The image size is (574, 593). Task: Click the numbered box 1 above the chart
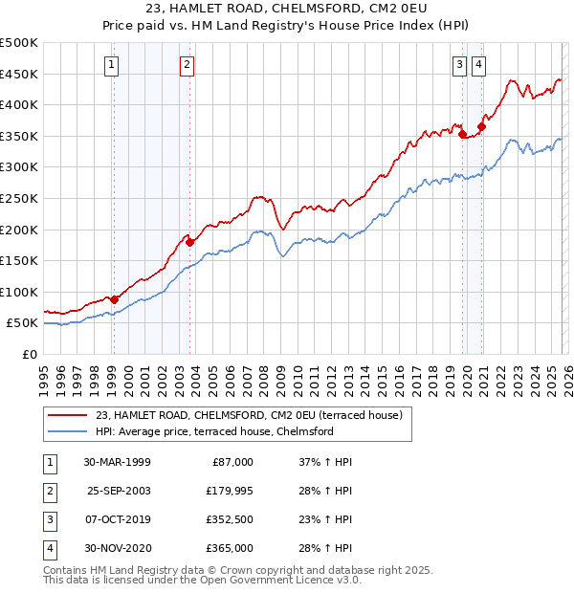click(x=112, y=65)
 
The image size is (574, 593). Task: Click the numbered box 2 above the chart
click(x=186, y=65)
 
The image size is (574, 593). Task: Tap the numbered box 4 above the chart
click(x=477, y=65)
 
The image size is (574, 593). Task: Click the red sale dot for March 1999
click(x=115, y=299)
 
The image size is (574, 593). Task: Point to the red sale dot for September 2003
click(x=190, y=242)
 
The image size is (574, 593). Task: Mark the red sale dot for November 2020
click(x=481, y=126)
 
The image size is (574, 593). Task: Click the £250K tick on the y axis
click(x=19, y=198)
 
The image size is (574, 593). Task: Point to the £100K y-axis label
click(x=19, y=292)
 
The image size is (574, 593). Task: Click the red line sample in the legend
click(x=68, y=415)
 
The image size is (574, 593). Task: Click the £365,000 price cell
click(x=227, y=549)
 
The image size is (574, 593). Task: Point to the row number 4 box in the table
click(x=47, y=549)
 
